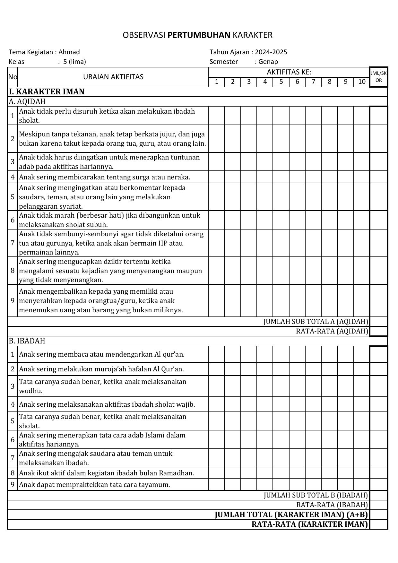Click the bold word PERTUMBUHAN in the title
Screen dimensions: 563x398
pos(199,35)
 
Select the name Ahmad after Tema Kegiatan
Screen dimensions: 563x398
pos(69,52)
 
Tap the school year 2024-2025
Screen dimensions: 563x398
pos(271,52)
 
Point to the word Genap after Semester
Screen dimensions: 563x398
pos(268,62)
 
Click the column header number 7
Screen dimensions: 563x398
pos(313,82)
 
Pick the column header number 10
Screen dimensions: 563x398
pos(362,82)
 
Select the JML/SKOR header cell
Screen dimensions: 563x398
pos(379,77)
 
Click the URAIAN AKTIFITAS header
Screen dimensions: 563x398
pos(113,77)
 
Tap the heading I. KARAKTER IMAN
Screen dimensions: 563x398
pos(47,92)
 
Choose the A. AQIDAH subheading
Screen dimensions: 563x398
pos(27,101)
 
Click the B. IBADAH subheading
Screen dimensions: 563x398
pos(27,341)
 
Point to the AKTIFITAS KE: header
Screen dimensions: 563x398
pos(289,72)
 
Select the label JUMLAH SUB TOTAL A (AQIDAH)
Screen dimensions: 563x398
pos(316,322)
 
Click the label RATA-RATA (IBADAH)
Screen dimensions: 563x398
pos(332,505)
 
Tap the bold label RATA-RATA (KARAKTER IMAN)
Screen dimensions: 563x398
pos(310,524)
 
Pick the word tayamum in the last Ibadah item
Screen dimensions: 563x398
pos(157,484)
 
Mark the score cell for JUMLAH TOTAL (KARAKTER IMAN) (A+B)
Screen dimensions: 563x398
pos(379,515)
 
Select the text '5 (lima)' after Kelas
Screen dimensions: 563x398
pos(75,62)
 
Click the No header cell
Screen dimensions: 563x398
pos(13,77)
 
